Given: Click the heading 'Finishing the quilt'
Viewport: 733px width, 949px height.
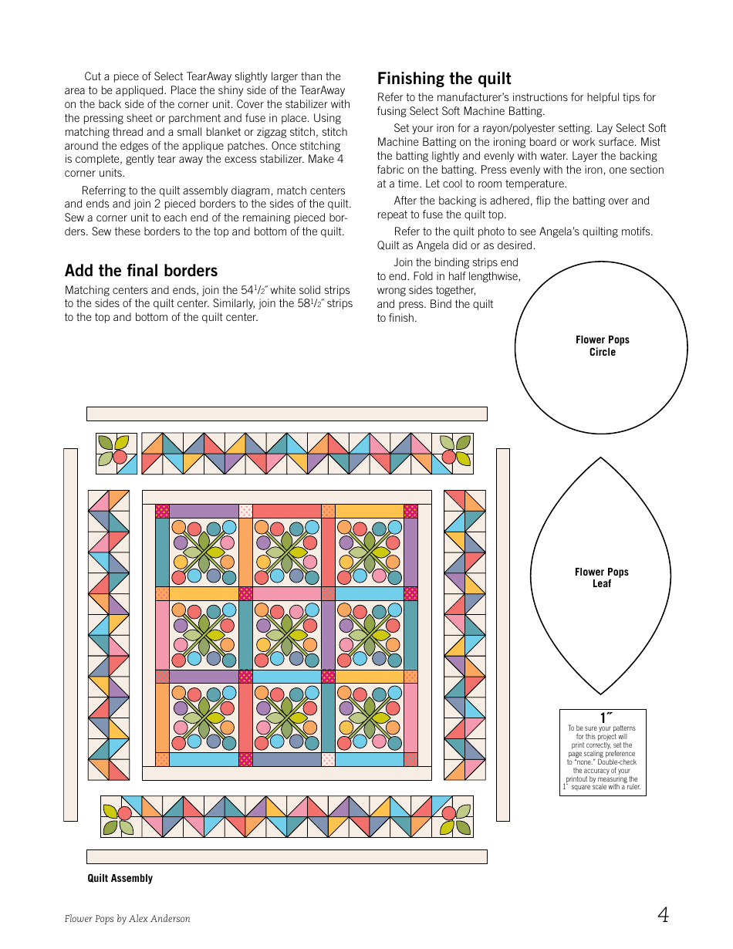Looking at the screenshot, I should [x=444, y=79].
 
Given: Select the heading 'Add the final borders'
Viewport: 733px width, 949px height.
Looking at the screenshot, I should [x=141, y=271].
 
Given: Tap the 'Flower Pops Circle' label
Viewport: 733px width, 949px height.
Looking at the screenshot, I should [x=603, y=346].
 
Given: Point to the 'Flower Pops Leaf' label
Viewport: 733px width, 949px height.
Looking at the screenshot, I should [x=602, y=578].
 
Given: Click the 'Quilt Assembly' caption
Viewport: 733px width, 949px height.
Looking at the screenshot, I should [x=120, y=878].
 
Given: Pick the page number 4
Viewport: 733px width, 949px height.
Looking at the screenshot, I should [x=663, y=915].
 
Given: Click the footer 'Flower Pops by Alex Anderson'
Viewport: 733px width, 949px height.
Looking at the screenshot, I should [x=127, y=919].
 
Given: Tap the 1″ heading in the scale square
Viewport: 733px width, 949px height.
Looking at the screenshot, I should [x=606, y=719].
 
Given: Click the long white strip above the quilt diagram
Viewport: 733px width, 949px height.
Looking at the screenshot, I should [x=286, y=414].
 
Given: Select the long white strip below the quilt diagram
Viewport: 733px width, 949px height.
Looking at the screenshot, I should [x=286, y=856].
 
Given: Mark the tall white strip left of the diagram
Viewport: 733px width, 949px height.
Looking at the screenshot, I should [x=70, y=634].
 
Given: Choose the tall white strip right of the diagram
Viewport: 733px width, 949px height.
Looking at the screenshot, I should [x=503, y=634].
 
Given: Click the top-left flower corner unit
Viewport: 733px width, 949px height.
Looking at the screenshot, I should [x=117, y=454].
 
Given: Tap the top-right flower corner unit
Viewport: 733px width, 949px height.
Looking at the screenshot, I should [x=452, y=454].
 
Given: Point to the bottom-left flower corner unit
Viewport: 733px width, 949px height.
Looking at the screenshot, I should [x=121, y=816].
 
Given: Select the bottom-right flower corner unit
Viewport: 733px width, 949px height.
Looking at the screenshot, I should [x=452, y=816].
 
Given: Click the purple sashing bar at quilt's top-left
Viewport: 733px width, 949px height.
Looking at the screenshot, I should [x=204, y=511].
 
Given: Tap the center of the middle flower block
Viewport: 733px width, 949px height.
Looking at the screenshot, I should [x=287, y=635].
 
